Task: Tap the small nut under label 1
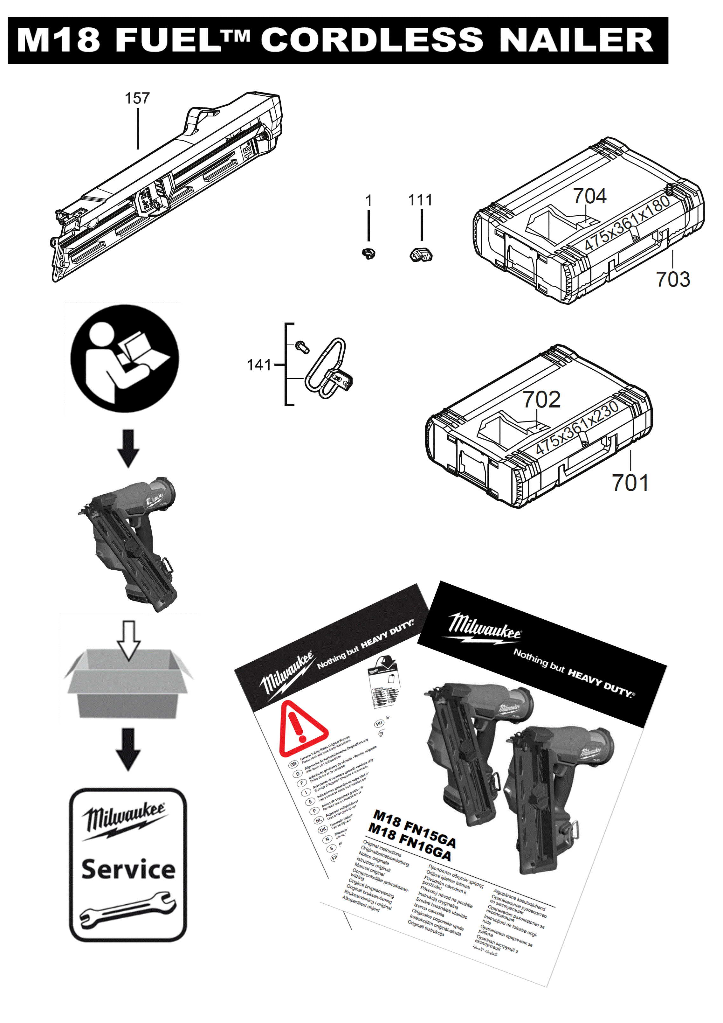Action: coord(369,254)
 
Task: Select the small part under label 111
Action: coord(421,255)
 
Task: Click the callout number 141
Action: coord(259,365)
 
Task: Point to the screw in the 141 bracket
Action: coord(302,346)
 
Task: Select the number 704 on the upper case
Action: coord(589,196)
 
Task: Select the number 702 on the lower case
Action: coord(541,400)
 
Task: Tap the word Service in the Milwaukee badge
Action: coord(128,869)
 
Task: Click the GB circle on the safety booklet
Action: coord(293,764)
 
